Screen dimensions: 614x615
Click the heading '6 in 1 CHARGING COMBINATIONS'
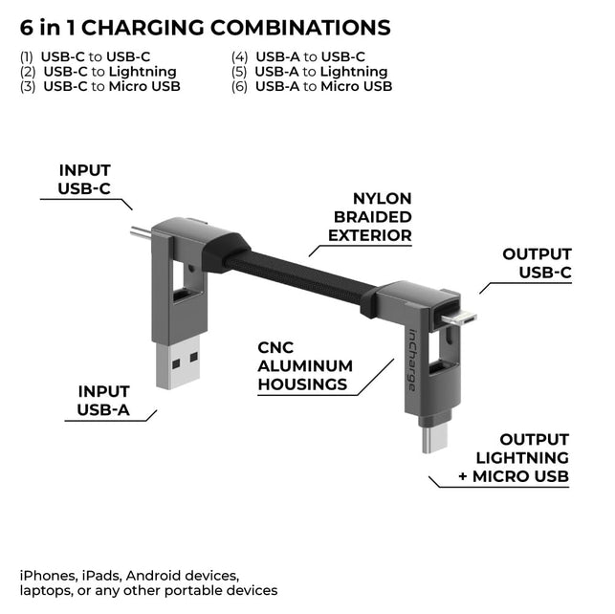point(205,28)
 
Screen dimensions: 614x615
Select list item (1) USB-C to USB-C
point(85,56)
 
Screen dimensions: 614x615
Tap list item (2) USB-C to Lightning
point(98,72)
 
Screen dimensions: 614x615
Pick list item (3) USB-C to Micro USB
point(99,86)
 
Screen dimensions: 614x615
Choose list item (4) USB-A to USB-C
point(297,56)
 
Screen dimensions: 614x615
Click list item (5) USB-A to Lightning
point(309,72)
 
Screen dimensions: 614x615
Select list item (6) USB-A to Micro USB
point(311,86)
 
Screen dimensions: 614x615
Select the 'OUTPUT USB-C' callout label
point(537,264)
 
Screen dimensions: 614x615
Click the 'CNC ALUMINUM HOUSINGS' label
point(304,366)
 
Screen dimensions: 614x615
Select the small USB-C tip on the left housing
point(140,233)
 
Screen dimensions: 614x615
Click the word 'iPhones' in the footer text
point(49,575)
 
